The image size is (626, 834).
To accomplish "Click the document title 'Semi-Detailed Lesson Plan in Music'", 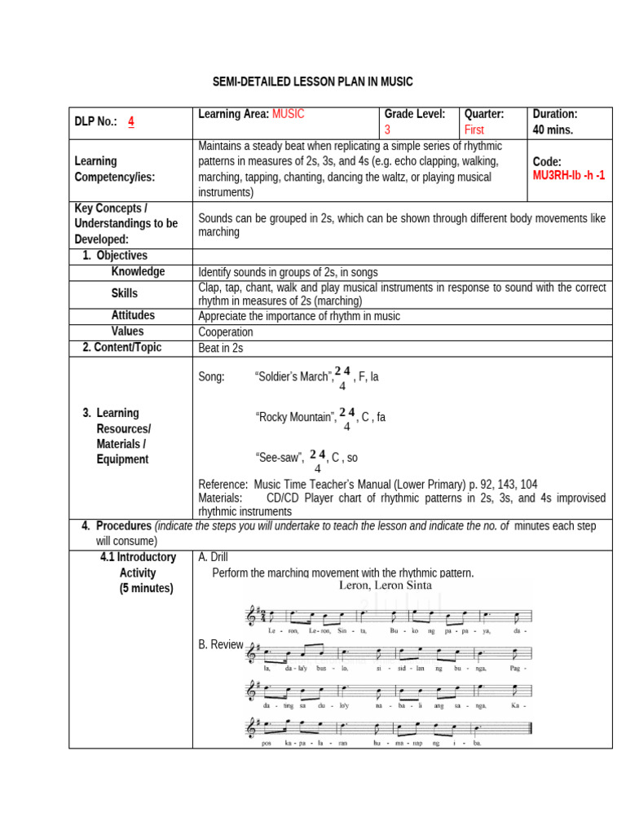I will coord(313,81).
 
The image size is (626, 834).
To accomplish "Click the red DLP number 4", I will coord(130,122).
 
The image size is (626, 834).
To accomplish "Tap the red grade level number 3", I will coord(388,130).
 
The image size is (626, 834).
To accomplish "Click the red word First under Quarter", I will coord(474,130).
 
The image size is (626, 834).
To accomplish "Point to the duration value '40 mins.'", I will coord(553,130).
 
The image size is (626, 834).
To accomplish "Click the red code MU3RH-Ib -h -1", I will coord(568,176).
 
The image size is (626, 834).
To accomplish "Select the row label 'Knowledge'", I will coord(138,272).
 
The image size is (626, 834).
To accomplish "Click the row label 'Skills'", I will coord(125,293).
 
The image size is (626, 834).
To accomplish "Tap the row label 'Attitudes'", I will coord(133,315).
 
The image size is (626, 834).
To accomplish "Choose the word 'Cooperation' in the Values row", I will coord(226,332).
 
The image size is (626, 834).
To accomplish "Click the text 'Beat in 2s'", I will coord(221,349).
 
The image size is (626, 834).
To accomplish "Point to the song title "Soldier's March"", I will coord(293,377).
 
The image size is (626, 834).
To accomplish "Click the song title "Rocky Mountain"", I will coord(296,418).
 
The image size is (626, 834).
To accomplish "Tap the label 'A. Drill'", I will coord(216,557).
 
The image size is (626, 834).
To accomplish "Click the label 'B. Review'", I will coord(221,644).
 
